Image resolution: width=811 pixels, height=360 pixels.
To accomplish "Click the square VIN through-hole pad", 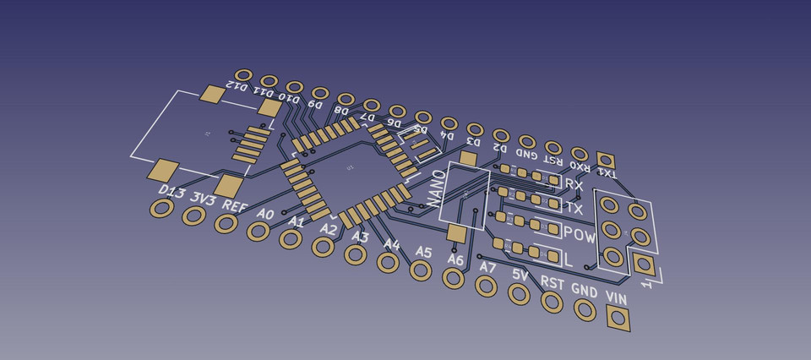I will click(618, 319).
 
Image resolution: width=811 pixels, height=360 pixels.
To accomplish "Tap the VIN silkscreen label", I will click(617, 298).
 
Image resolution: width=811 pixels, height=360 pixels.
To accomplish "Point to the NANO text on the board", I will click(436, 188).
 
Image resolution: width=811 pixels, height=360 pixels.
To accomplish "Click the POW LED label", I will click(580, 234).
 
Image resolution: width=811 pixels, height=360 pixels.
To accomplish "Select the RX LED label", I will click(574, 184).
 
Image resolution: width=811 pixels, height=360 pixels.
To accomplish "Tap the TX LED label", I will click(574, 208).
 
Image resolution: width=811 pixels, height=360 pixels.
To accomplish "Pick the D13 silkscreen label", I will click(172, 193).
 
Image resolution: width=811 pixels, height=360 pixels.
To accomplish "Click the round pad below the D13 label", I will click(161, 209).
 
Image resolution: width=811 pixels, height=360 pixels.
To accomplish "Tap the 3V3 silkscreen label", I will click(203, 199).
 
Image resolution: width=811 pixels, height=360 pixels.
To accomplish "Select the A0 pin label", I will click(265, 214).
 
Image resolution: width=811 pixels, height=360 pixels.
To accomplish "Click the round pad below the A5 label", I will click(420, 271).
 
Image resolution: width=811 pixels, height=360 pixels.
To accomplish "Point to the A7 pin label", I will click(487, 267).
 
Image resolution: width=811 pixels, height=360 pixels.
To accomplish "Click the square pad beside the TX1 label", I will click(605, 159).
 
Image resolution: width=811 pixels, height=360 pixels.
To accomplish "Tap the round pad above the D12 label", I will click(243, 76).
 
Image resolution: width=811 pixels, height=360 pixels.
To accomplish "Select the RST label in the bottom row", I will click(552, 283).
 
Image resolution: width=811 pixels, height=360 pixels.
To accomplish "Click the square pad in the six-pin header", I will click(644, 265).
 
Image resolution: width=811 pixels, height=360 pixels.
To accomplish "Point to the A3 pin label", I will click(360, 237).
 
